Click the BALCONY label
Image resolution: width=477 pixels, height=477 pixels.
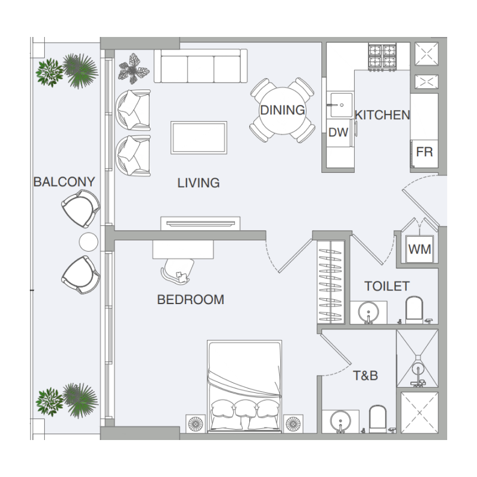(x=64, y=182)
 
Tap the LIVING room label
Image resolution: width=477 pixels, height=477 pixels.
(x=199, y=183)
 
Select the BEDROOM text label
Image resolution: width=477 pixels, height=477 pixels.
(x=191, y=300)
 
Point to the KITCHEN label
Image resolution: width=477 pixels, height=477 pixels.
(x=382, y=115)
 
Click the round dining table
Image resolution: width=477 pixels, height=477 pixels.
(x=283, y=110)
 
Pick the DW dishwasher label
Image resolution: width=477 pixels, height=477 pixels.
(x=338, y=132)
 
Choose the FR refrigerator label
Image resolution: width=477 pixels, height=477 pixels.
(x=425, y=152)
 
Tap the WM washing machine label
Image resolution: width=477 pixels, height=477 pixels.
(x=420, y=249)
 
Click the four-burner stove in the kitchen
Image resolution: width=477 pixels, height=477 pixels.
(x=382, y=57)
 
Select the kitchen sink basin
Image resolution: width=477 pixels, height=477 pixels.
(x=340, y=105)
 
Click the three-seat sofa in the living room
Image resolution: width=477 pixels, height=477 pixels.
(x=200, y=66)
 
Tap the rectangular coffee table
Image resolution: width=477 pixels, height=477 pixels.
(x=199, y=138)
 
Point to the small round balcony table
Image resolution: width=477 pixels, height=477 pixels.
(x=88, y=242)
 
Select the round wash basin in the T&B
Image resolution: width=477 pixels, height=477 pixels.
(x=340, y=421)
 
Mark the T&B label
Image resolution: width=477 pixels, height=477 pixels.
(x=366, y=376)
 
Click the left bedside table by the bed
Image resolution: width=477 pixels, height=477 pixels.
(x=196, y=423)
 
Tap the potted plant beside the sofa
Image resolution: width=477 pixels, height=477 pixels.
(x=134, y=69)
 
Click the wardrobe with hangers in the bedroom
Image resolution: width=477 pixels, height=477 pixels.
(x=331, y=281)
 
